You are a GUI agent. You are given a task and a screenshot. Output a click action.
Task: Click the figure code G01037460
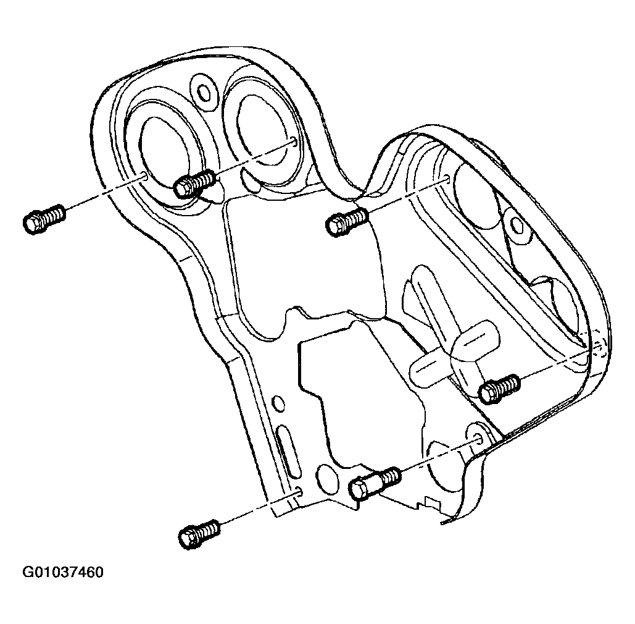pos(63,572)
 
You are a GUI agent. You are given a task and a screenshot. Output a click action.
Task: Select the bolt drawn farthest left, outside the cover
pos(44,219)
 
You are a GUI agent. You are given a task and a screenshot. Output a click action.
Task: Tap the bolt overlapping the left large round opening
pos(194,184)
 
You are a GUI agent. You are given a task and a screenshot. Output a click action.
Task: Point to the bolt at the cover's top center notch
pos(347,222)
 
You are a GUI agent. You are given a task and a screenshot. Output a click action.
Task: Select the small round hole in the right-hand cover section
pos(517,224)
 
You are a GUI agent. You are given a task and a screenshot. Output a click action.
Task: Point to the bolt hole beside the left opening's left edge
pos(143,175)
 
